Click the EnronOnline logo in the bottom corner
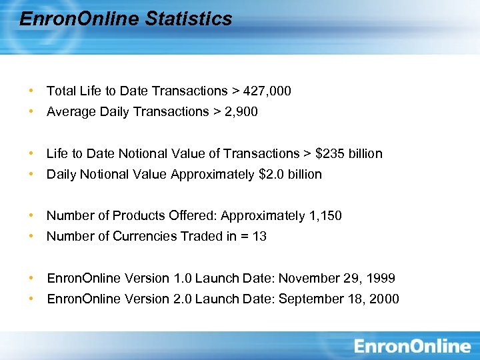[412, 345]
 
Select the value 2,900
[241, 111]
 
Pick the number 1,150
[325, 215]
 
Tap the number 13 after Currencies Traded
[259, 236]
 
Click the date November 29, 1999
[337, 278]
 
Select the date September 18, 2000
[339, 299]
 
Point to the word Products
[137, 215]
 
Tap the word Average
[71, 111]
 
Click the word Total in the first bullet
[60, 91]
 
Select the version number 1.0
[181, 278]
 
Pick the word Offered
[194, 215]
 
